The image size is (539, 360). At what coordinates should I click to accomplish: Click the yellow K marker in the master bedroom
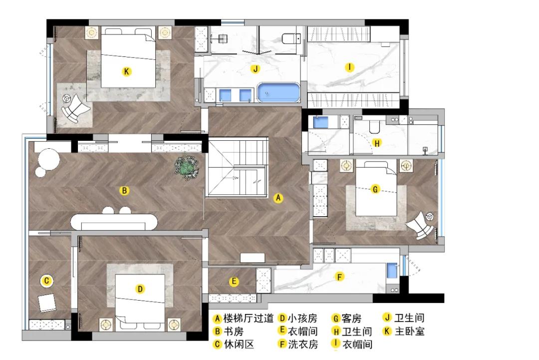click(x=126, y=72)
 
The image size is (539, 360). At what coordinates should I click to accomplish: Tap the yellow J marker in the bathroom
click(x=255, y=69)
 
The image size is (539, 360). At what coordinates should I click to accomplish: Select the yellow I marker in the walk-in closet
click(x=349, y=67)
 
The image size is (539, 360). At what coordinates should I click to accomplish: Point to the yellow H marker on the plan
click(x=377, y=143)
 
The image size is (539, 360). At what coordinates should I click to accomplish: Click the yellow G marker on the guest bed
click(x=375, y=189)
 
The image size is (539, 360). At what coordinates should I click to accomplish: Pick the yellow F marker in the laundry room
click(x=340, y=277)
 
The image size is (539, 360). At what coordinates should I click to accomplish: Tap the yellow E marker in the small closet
click(x=234, y=282)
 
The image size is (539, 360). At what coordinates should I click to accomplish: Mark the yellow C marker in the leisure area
click(x=46, y=281)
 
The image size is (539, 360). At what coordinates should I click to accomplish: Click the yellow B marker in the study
click(x=124, y=190)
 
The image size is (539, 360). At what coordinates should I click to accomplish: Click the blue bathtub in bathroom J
click(x=278, y=93)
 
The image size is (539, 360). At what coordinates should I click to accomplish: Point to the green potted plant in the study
click(x=187, y=167)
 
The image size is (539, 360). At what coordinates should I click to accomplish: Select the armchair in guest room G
click(x=421, y=225)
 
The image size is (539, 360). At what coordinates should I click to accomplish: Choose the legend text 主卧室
click(x=410, y=331)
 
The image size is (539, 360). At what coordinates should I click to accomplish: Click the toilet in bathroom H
click(x=374, y=127)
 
